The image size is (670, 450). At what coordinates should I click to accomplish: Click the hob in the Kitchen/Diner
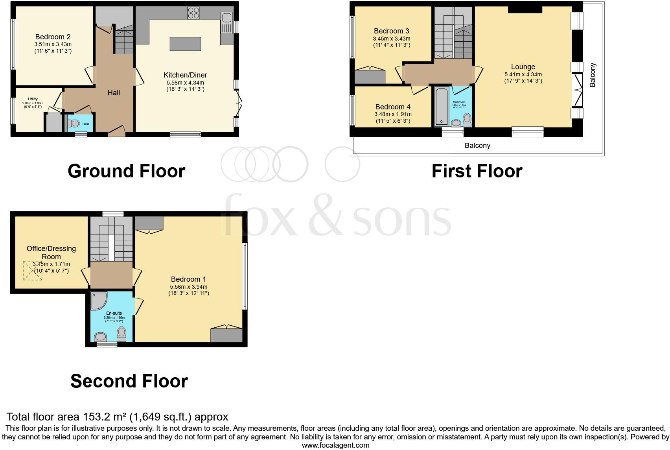[193, 13]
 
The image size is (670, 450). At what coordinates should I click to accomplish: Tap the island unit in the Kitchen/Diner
[185, 44]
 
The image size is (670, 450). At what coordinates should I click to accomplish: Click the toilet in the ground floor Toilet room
[74, 124]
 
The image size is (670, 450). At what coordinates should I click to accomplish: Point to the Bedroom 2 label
[53, 37]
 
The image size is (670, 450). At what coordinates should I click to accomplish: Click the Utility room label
[33, 99]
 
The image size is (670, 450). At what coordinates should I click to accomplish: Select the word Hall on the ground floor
[114, 93]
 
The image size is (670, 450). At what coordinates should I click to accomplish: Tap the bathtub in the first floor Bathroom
[442, 106]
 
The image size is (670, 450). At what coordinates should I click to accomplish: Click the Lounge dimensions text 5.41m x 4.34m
[523, 74]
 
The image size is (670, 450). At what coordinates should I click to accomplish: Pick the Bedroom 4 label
[392, 107]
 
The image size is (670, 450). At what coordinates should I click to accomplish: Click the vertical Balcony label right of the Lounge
[593, 75]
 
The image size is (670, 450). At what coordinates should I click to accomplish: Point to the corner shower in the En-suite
[98, 301]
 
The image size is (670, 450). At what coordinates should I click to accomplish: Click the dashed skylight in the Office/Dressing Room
[32, 270]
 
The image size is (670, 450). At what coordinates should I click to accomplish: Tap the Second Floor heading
[129, 381]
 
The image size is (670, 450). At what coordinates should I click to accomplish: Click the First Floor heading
[477, 171]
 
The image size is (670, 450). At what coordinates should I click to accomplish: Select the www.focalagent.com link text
[335, 445]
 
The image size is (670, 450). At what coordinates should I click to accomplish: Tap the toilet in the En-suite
[121, 334]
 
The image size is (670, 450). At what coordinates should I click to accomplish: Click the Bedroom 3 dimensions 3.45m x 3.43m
[391, 39]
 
